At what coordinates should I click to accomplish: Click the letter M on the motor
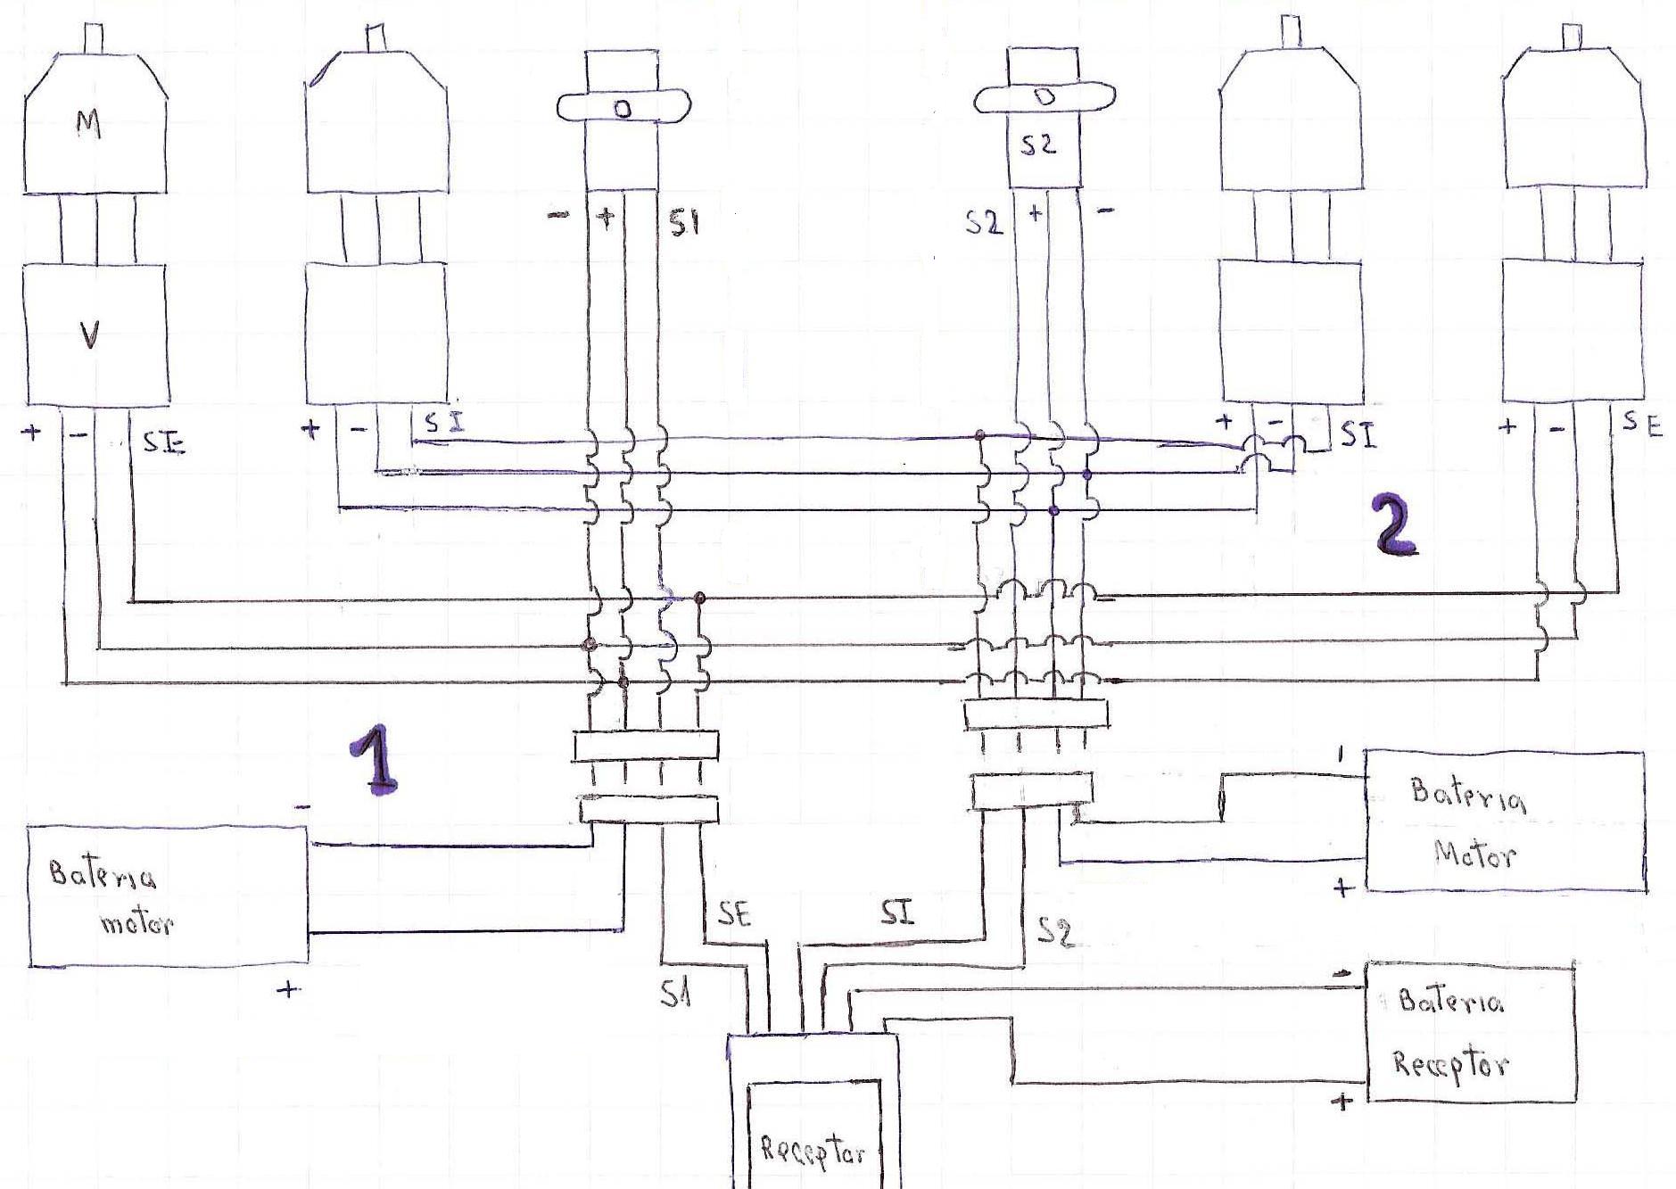point(88,126)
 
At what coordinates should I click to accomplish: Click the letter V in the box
point(89,334)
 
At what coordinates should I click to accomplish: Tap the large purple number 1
point(375,758)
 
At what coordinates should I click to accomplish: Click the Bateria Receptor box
point(1470,1032)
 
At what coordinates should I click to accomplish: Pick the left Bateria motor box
point(168,896)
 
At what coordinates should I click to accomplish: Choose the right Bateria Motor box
point(1504,821)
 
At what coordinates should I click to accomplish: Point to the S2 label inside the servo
point(1038,145)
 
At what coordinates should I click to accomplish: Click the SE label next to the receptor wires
point(733,914)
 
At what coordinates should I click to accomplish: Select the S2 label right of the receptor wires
point(1054,931)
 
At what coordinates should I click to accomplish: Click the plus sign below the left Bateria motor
point(287,989)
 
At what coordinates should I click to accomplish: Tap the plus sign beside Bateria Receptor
point(1342,1102)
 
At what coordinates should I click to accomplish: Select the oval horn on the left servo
point(623,107)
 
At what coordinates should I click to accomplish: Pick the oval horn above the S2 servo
point(1044,97)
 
